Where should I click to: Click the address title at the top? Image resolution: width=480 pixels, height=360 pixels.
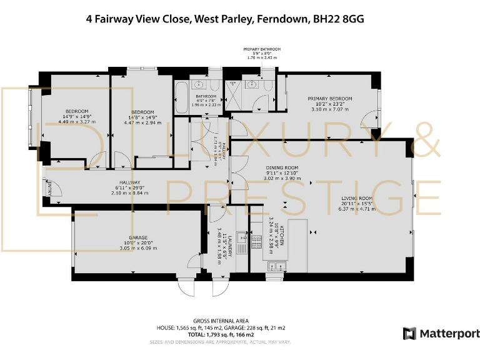[x=224, y=19]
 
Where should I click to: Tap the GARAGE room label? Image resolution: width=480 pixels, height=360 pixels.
[x=138, y=238]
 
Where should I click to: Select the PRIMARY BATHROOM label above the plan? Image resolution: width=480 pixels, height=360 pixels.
[x=262, y=49]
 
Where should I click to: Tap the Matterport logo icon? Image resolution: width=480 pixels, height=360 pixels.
[x=409, y=333]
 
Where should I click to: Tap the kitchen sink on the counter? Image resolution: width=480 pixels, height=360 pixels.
[x=275, y=267]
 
